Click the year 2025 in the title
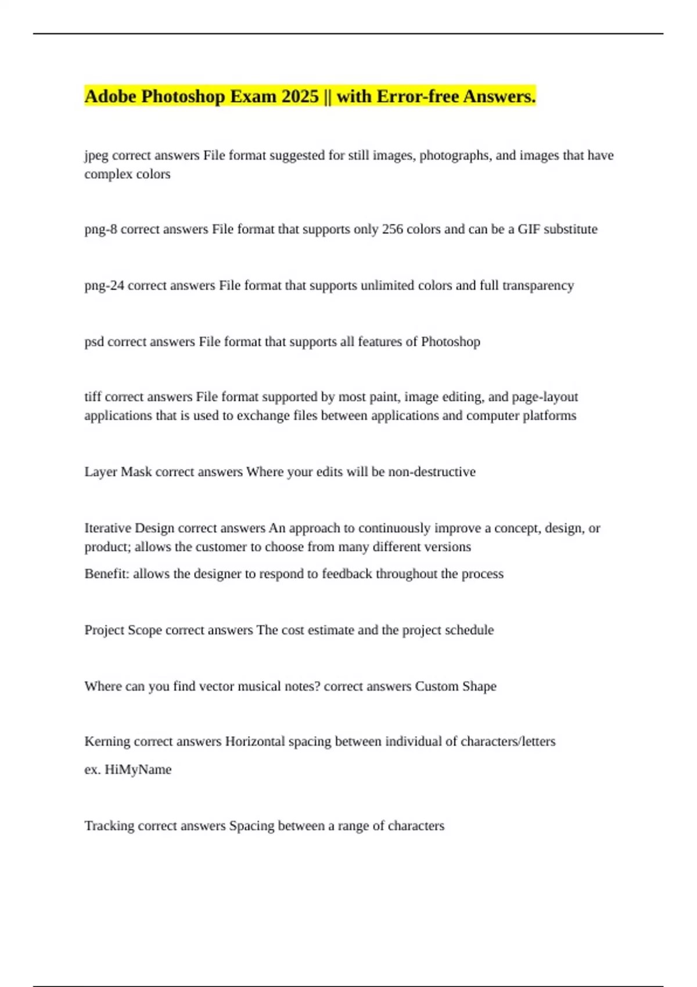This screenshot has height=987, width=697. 300,96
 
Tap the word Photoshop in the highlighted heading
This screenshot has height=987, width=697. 183,96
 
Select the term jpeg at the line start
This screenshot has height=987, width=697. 96,156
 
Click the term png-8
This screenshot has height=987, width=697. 100,229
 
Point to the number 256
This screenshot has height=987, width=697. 392,229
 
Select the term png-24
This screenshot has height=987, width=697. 104,286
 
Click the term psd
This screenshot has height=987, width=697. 94,342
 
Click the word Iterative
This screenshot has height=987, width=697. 107,528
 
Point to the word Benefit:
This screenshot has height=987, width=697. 107,574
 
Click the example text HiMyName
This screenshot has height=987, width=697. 138,770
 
